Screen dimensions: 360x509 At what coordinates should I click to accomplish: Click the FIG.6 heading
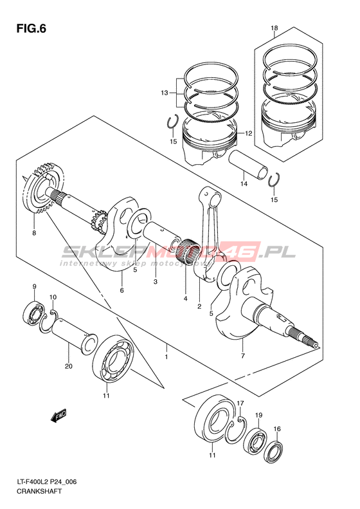click(x=31, y=29)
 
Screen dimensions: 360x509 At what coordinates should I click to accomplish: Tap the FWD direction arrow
click(x=59, y=415)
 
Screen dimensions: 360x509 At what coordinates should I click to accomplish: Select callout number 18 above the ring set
click(x=274, y=28)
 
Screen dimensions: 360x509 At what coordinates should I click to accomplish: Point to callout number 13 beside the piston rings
click(x=165, y=93)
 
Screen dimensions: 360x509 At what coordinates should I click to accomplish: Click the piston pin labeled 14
click(x=248, y=165)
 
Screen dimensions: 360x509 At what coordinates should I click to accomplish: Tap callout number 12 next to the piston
click(x=248, y=133)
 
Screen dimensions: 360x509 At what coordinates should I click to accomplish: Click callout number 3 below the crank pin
click(x=156, y=281)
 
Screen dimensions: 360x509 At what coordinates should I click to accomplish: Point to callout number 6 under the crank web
click(x=122, y=290)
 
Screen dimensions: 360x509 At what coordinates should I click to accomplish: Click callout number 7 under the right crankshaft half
click(x=243, y=356)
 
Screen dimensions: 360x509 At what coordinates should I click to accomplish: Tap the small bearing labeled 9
click(x=33, y=313)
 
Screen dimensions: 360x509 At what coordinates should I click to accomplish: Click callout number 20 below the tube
click(x=68, y=367)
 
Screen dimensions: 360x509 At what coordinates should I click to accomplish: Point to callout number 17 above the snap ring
click(x=240, y=403)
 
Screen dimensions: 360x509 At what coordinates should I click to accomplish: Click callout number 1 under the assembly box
click(x=166, y=357)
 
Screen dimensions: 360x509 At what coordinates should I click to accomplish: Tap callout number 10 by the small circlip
click(x=53, y=297)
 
